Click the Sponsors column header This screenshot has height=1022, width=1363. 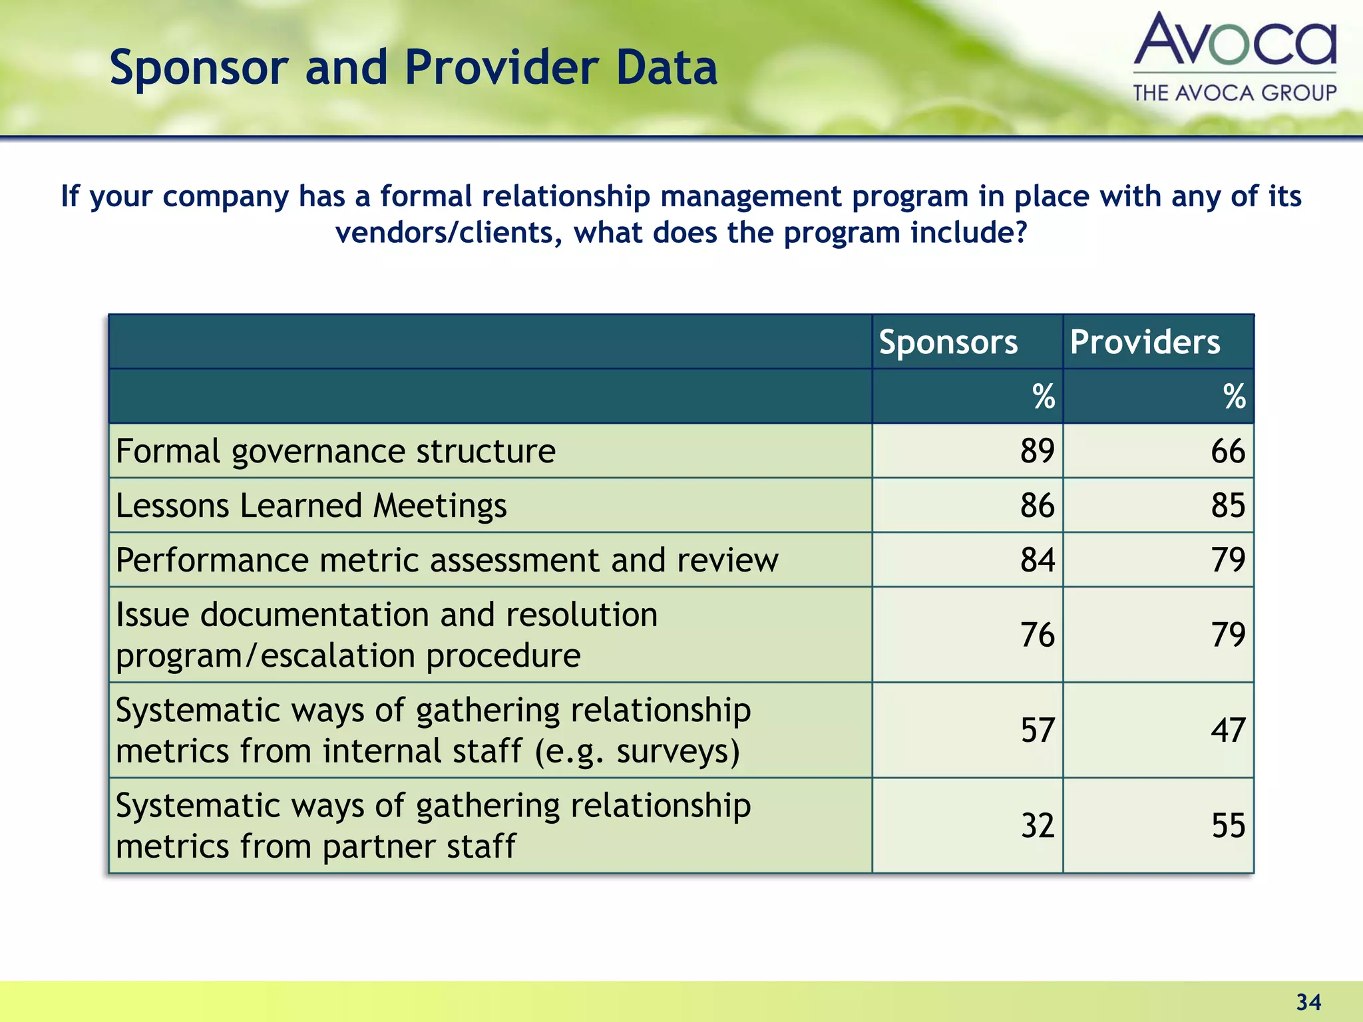click(948, 343)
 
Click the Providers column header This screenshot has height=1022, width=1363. click(1145, 343)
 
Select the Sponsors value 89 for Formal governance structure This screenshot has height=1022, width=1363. click(1037, 451)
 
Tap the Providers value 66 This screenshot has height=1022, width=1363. click(1227, 451)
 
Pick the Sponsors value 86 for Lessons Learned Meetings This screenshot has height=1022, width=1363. click(1037, 506)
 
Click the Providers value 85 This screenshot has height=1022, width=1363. click(1227, 506)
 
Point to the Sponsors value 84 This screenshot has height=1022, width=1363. click(1037, 560)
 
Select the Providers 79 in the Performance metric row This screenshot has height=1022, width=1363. click(1227, 560)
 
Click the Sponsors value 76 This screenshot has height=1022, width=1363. click(1037, 635)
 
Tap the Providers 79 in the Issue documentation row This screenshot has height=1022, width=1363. click(1227, 635)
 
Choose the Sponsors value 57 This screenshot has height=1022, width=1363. click(1037, 731)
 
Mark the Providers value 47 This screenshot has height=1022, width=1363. click(1227, 731)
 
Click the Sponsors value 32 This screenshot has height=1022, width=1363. click(1037, 826)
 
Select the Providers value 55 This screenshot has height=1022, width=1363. click(1227, 826)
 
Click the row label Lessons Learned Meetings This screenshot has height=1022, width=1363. click(311, 506)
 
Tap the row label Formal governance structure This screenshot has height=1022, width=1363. click(335, 451)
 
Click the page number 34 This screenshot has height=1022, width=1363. click(1308, 1002)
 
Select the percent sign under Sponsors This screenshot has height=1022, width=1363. click(1043, 397)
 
